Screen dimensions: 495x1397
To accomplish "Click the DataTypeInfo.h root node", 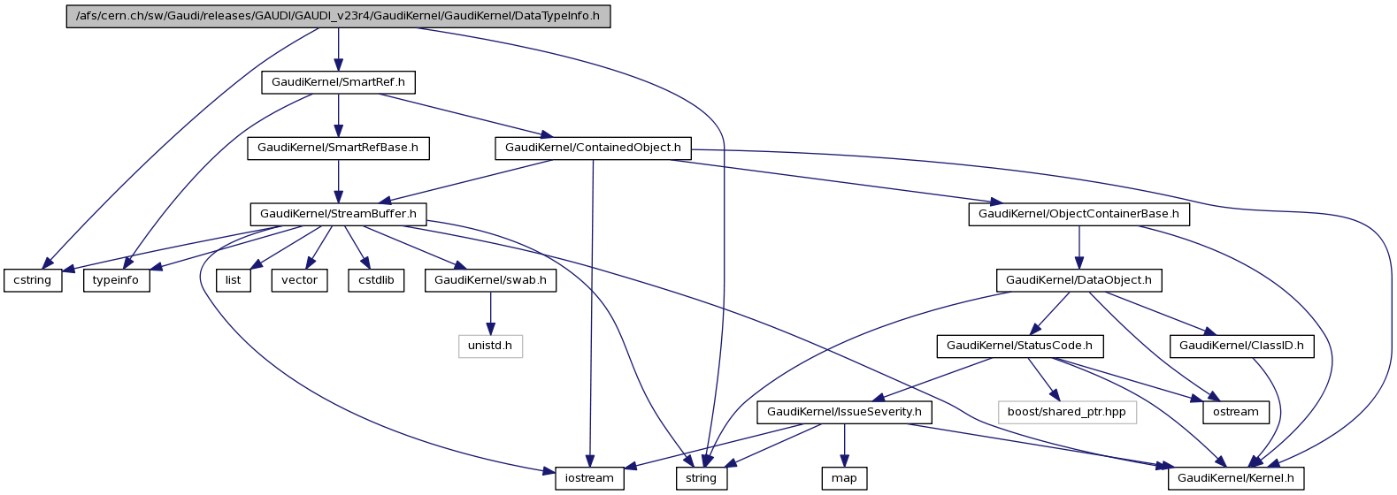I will click(x=338, y=17).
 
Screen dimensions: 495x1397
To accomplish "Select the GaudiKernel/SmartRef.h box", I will click(x=338, y=82).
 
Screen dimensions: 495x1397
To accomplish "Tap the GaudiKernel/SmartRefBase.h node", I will click(x=338, y=148).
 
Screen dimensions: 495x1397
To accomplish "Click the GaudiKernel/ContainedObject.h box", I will click(x=593, y=148).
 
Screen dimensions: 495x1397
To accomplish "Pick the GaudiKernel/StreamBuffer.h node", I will click(x=338, y=214).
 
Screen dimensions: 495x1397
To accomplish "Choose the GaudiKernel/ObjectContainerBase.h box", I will click(x=1078, y=214).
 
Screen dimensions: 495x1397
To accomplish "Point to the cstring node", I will click(x=33, y=280).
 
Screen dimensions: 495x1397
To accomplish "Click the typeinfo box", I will click(x=117, y=280).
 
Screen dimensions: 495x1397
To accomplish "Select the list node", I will click(x=233, y=280).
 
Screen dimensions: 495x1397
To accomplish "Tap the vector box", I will click(x=300, y=280).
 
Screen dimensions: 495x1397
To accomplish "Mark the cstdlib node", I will click(x=376, y=280).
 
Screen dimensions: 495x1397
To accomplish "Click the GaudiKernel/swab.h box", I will click(x=490, y=280).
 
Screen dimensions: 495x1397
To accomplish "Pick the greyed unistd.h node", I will click(x=490, y=346).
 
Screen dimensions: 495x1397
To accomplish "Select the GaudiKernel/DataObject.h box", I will click(x=1078, y=280).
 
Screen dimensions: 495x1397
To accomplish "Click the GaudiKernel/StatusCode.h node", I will click(x=1019, y=346).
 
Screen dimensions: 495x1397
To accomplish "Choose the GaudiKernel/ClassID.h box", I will click(x=1241, y=346).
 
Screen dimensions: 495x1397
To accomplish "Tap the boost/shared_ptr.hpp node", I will click(x=1066, y=412).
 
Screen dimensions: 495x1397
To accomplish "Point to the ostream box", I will click(x=1236, y=412).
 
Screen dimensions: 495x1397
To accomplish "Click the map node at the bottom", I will click(x=844, y=478).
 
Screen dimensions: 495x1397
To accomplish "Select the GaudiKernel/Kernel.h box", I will click(x=1235, y=478).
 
